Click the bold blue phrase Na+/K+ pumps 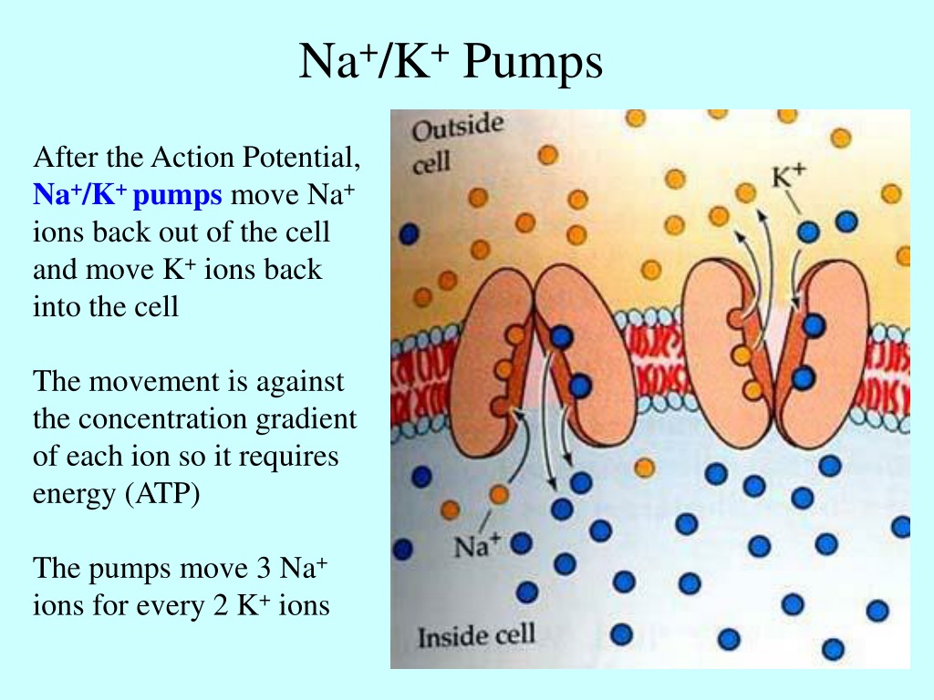tap(128, 195)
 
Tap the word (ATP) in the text tap(162, 494)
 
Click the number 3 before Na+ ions tap(263, 569)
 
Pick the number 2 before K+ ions tap(221, 606)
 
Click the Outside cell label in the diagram tap(457, 143)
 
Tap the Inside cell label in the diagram tap(476, 636)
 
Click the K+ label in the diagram tap(788, 176)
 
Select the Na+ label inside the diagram tap(476, 546)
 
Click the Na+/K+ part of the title tap(373, 61)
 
